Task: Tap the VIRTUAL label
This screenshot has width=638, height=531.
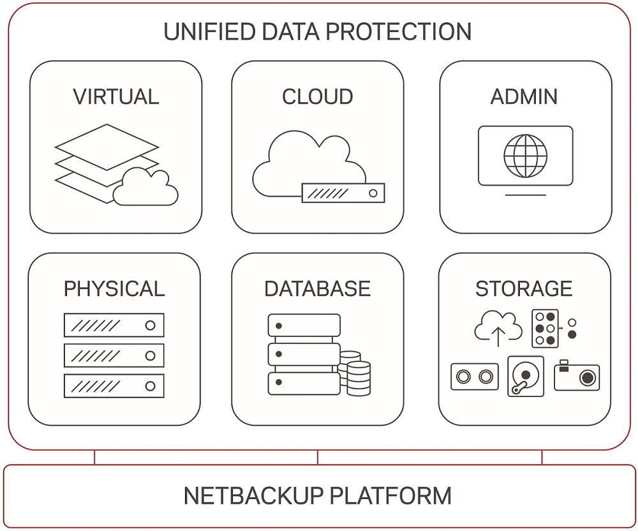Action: click(115, 96)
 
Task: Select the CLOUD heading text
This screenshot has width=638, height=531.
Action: click(317, 96)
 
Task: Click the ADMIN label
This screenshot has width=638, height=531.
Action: click(524, 96)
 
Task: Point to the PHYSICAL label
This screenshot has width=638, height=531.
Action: click(114, 288)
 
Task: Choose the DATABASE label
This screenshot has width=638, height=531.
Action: click(317, 288)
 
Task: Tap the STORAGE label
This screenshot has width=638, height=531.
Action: click(524, 288)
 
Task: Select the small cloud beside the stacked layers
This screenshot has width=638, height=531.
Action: click(146, 186)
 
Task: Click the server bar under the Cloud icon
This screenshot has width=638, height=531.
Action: click(343, 193)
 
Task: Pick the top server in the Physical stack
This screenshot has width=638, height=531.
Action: click(114, 325)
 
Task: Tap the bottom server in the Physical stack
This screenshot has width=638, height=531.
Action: click(114, 386)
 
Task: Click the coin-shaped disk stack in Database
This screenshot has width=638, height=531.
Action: click(355, 373)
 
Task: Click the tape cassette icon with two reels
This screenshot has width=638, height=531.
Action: click(474, 377)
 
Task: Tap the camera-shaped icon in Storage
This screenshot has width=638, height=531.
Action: click(576, 376)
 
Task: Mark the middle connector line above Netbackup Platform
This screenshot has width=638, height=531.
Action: click(318, 457)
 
